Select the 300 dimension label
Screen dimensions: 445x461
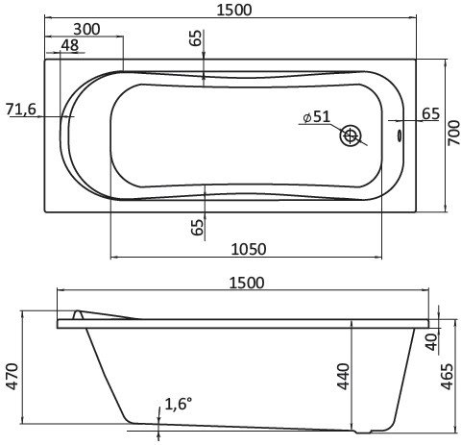[x=86, y=29]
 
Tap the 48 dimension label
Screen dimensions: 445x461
[x=69, y=45]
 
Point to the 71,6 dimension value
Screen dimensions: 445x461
[x=21, y=109]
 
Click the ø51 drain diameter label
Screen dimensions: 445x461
[x=315, y=117]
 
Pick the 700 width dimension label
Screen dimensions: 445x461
[x=451, y=135]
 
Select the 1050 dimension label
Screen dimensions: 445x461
[x=249, y=249]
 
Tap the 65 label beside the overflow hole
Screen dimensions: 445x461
[x=430, y=114]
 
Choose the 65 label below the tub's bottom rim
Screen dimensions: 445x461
[x=197, y=228]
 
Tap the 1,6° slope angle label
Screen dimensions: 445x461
[x=178, y=405]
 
